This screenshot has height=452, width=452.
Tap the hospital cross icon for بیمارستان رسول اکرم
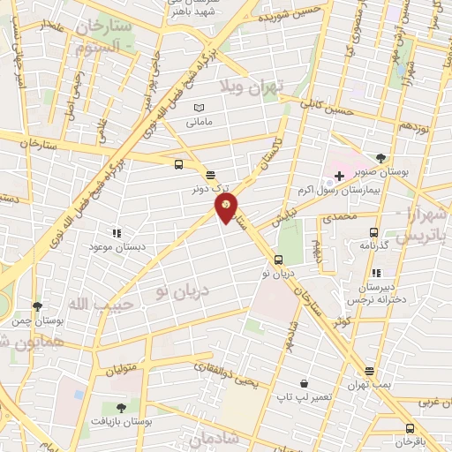tap(339, 176)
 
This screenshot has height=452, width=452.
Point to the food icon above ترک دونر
tap(210, 174)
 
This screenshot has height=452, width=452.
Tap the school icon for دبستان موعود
tap(116, 233)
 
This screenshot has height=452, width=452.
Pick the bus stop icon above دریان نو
tap(278, 260)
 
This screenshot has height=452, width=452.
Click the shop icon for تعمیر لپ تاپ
tap(305, 384)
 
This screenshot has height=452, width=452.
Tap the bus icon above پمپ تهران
tap(370, 371)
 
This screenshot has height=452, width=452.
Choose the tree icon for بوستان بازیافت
tap(121, 407)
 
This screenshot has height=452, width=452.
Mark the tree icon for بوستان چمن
tap(36, 306)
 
